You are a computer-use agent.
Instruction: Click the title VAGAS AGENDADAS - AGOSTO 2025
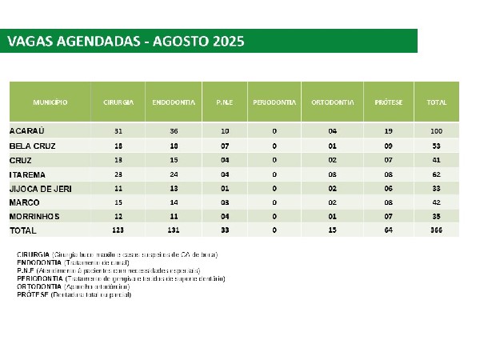(x=125, y=41)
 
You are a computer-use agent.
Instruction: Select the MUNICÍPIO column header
(x=50, y=103)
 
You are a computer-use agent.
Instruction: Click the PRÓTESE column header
(x=389, y=103)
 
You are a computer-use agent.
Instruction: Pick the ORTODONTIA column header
(x=332, y=103)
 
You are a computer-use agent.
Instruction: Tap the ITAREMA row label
(x=28, y=174)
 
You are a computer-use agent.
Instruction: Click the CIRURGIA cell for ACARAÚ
(x=118, y=130)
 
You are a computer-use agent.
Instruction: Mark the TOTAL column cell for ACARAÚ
(x=437, y=130)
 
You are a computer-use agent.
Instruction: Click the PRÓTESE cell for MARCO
(x=389, y=202)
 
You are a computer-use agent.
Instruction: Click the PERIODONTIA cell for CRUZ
(x=274, y=159)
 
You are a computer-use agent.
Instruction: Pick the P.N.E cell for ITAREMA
(x=224, y=174)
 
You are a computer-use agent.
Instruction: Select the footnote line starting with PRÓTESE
(x=73, y=295)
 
